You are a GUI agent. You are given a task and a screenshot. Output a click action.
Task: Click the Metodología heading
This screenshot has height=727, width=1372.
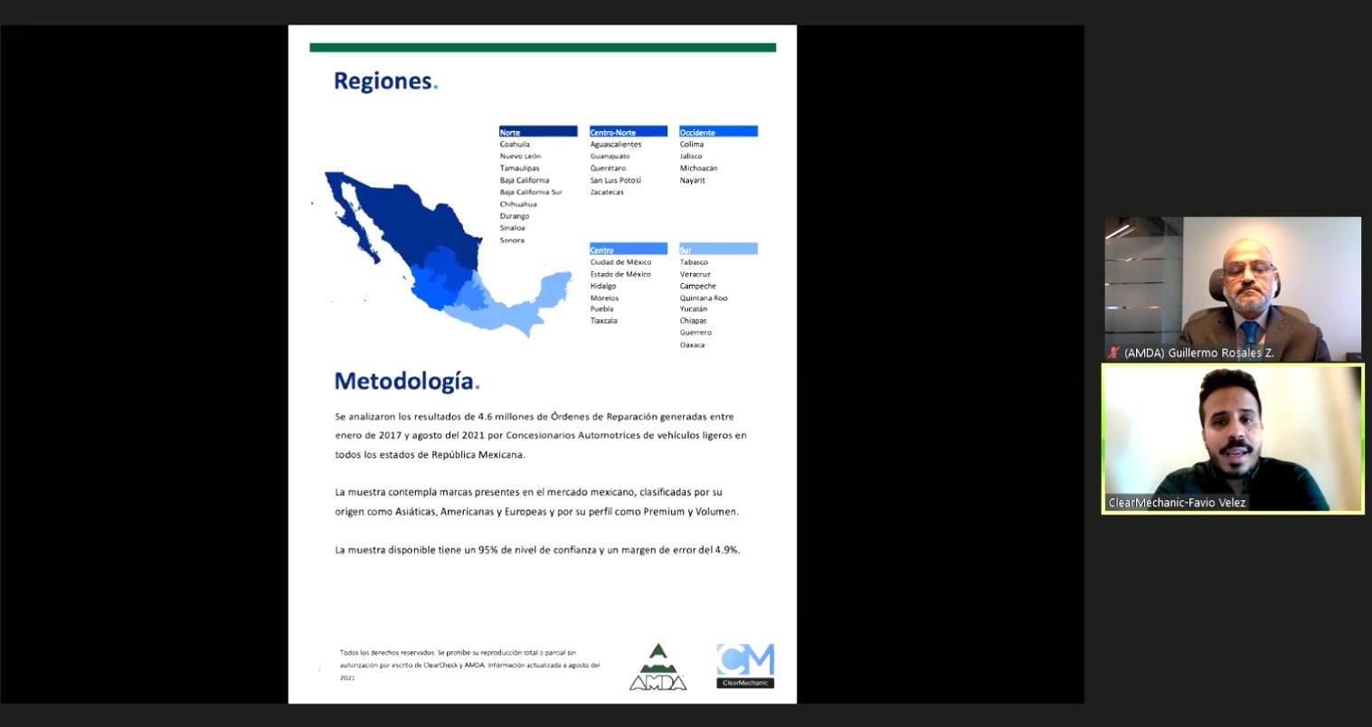point(406,381)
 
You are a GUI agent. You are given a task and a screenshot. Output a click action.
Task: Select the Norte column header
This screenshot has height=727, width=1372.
point(537,132)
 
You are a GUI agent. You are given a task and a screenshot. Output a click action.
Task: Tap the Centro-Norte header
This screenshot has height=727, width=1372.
point(628,132)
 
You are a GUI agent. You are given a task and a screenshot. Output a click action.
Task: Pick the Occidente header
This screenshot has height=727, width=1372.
point(718,132)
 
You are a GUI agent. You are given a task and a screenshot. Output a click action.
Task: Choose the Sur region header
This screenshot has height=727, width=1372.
point(718,250)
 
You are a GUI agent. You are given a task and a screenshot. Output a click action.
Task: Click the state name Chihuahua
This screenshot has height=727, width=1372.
point(518,204)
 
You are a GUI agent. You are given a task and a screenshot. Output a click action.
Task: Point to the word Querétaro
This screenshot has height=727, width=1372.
point(608,168)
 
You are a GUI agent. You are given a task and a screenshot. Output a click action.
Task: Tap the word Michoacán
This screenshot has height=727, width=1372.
point(698,168)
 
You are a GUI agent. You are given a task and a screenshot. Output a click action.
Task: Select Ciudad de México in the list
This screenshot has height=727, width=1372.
point(620,262)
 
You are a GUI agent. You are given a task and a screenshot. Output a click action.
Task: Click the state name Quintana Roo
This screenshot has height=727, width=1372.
point(704,297)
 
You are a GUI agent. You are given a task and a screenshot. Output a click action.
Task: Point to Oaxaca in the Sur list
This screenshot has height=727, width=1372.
point(692,345)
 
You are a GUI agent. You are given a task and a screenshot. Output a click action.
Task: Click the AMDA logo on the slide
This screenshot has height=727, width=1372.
point(658,668)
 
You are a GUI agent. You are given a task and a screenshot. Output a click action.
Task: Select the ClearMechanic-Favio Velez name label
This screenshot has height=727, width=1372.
point(1177,503)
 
